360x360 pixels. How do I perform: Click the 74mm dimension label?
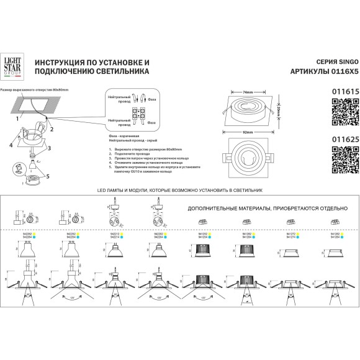[248, 92]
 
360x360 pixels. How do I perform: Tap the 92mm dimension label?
[248, 133]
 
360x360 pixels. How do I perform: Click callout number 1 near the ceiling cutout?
[17, 116]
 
